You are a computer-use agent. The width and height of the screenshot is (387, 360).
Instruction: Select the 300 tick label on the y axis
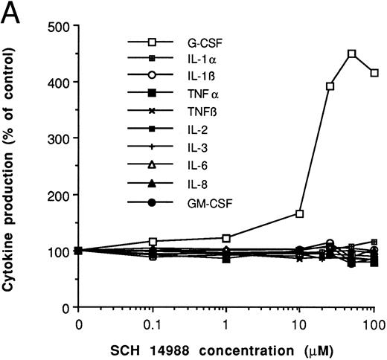tap(59, 138)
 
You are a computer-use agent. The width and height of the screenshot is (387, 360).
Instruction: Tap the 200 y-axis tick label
tap(59, 195)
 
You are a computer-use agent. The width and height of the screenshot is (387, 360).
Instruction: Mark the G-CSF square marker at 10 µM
tap(299, 213)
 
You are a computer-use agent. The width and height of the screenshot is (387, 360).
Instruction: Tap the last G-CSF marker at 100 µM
tap(374, 73)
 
